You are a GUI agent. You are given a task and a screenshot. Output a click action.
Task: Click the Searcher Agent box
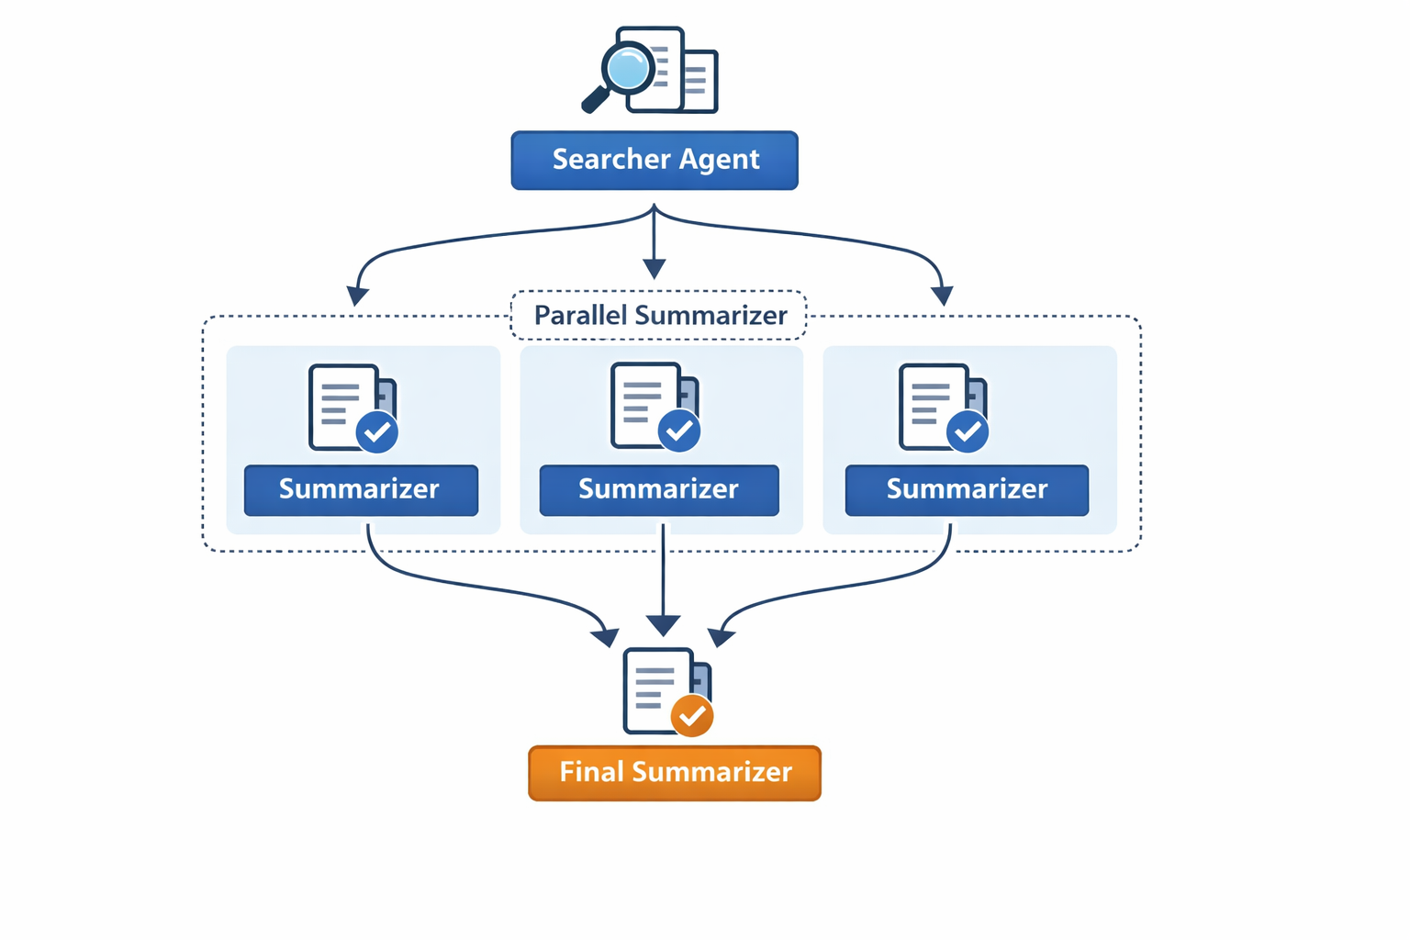coord(654,161)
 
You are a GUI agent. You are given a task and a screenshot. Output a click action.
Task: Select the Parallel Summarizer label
coord(659,316)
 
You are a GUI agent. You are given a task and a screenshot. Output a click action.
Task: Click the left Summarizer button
coord(361,489)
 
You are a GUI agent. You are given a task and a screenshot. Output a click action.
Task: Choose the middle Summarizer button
coord(658,489)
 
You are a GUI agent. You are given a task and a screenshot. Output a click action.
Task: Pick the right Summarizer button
coord(967,489)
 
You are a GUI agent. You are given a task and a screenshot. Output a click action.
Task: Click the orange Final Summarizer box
coord(675,773)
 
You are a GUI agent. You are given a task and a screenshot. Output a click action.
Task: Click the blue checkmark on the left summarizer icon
coord(377,431)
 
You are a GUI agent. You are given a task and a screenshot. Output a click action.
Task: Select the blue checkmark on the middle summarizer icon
coord(679,431)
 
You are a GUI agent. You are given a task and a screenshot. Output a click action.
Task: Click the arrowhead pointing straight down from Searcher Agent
coord(654,268)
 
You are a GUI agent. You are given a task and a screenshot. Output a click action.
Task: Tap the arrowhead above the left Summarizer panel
coord(357,296)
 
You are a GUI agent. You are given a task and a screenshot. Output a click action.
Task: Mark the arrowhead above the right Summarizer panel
coord(942,296)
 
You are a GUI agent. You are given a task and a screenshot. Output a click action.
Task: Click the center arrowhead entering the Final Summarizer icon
coord(663,626)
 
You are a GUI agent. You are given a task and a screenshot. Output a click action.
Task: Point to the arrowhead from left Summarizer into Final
coord(607,636)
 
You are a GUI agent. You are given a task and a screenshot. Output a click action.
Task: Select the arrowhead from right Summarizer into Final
coord(721,636)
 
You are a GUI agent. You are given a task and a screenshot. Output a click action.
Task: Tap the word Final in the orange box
coord(591,772)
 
